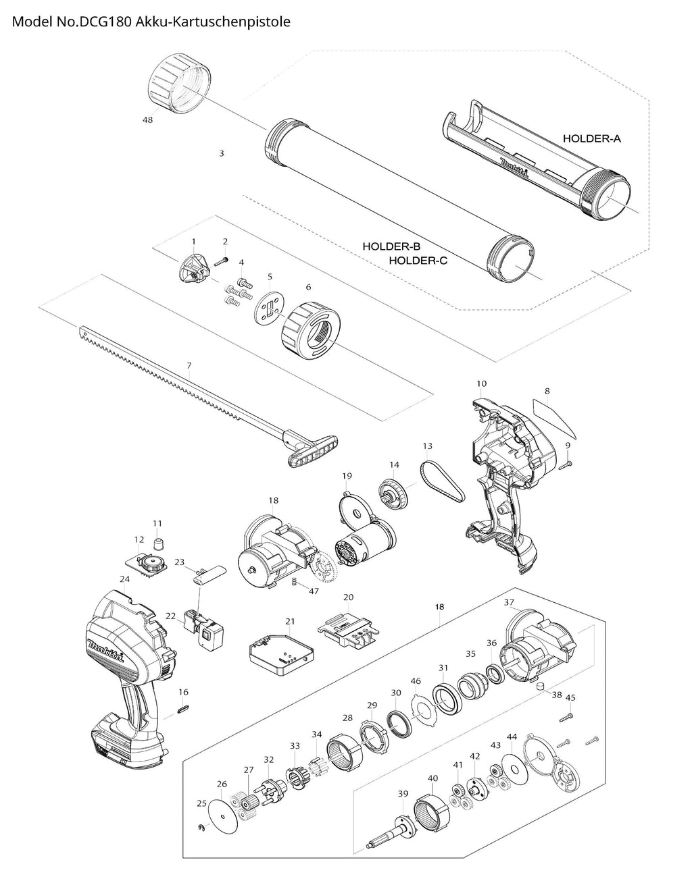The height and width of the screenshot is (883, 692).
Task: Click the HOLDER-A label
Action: pyautogui.click(x=591, y=138)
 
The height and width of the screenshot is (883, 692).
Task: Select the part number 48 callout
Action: pyautogui.click(x=148, y=119)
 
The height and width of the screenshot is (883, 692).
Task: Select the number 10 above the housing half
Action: pyautogui.click(x=481, y=383)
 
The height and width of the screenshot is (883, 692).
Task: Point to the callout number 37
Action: pyautogui.click(x=510, y=601)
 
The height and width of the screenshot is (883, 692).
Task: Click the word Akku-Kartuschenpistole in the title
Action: pyautogui.click(x=213, y=22)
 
